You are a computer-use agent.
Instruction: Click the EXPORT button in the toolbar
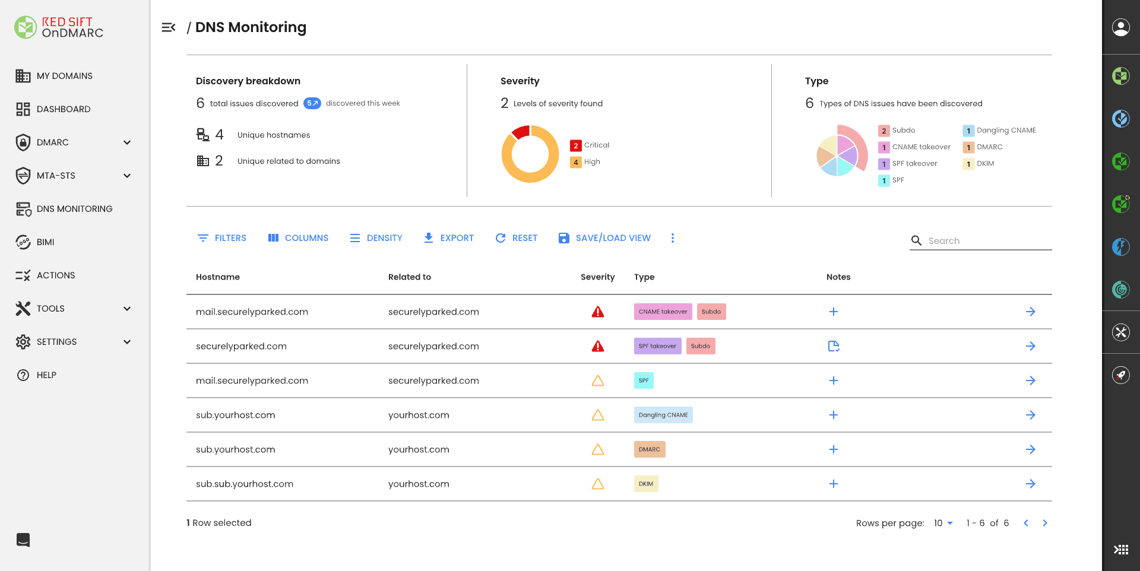(x=449, y=238)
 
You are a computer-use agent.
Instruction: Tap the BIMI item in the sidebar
(x=45, y=242)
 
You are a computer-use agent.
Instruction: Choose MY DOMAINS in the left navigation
(x=64, y=76)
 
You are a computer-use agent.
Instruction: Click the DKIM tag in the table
(x=645, y=484)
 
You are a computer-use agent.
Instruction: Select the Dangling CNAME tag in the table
(x=663, y=415)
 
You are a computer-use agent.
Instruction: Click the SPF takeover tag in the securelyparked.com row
(x=657, y=346)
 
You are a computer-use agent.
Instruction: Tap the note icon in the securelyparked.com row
(x=834, y=346)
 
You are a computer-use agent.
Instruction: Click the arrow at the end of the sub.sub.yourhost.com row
(x=1030, y=484)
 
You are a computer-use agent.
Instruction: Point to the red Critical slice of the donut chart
(x=521, y=132)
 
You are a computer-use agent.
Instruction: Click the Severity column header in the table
(x=597, y=277)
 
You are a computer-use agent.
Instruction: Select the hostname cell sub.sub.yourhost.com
(x=245, y=484)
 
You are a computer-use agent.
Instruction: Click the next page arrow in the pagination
(x=1045, y=523)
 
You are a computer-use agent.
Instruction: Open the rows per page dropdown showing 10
(x=943, y=523)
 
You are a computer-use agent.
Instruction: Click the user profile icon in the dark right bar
(x=1120, y=27)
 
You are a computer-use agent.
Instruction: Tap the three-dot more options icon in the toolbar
(x=672, y=238)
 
